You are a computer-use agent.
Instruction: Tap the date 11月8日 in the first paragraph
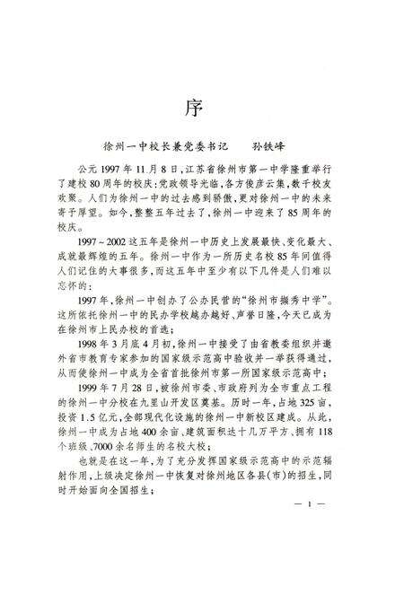click(x=154, y=170)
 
